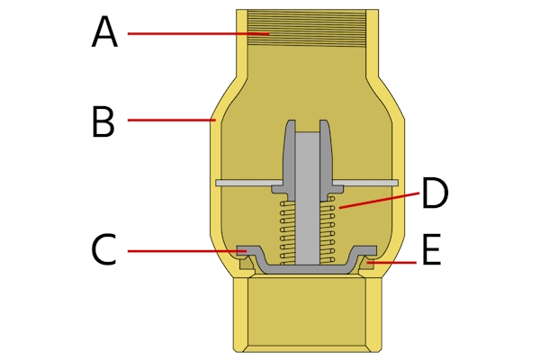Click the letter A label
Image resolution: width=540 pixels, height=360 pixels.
click(x=104, y=33)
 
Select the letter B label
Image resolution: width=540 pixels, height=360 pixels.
click(x=103, y=121)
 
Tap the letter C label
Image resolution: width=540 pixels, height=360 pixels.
click(x=103, y=250)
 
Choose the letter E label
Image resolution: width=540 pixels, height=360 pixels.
click(x=431, y=253)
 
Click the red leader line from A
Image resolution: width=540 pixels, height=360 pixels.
click(x=198, y=33)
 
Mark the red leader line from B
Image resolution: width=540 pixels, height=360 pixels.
click(x=171, y=119)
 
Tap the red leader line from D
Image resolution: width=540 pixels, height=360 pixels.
click(x=378, y=201)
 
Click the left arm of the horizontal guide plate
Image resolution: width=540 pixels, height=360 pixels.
click(x=243, y=183)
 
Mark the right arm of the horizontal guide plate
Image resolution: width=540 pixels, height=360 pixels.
click(x=369, y=183)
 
